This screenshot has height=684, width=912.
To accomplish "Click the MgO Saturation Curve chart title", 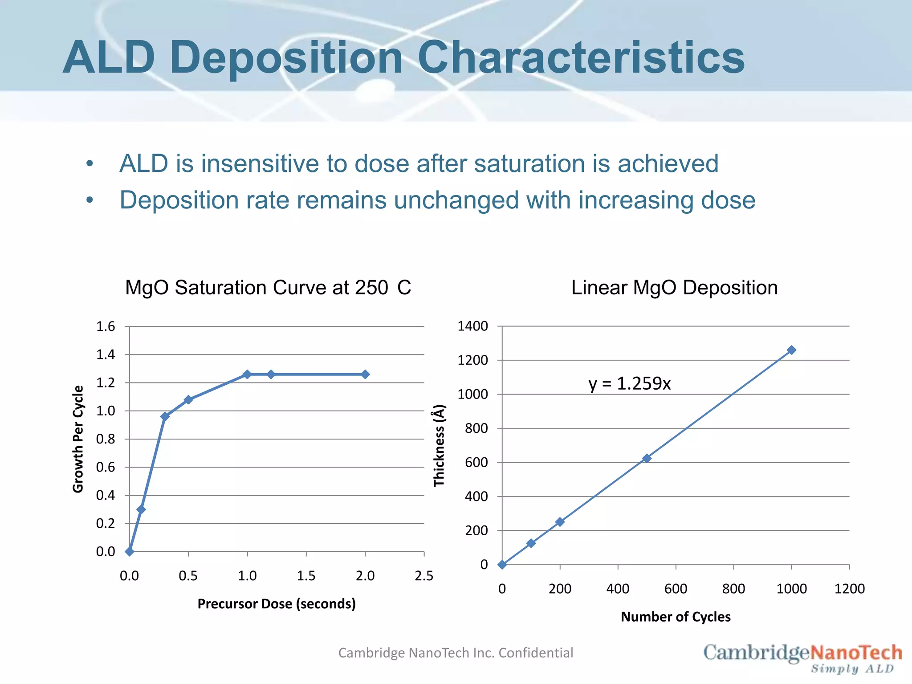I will [x=268, y=288].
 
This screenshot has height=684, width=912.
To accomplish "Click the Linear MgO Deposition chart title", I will [x=674, y=288].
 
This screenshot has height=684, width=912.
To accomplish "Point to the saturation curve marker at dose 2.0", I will [x=365, y=375].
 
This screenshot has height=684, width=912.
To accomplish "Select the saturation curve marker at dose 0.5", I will [x=188, y=399].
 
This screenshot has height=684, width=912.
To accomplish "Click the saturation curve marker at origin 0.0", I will [x=130, y=552].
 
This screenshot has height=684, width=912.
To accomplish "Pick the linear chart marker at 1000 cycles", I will [x=791, y=350].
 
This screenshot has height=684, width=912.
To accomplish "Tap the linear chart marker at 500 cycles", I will [x=647, y=458].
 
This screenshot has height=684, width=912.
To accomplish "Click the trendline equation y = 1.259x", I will [x=629, y=383].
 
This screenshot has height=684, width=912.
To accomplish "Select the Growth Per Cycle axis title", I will [x=78, y=439].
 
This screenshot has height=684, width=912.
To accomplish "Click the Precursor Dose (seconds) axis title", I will [x=277, y=604].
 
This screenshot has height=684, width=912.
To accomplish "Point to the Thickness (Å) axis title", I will [x=439, y=445].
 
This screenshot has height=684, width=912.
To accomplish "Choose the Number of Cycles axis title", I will [x=676, y=617].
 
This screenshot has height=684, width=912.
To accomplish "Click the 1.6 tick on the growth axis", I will [x=106, y=326].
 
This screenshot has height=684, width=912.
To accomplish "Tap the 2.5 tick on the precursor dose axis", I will [x=423, y=576].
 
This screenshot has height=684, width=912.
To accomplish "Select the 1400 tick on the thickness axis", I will [x=472, y=326].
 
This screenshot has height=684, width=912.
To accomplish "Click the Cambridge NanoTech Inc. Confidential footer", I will [x=456, y=653].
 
